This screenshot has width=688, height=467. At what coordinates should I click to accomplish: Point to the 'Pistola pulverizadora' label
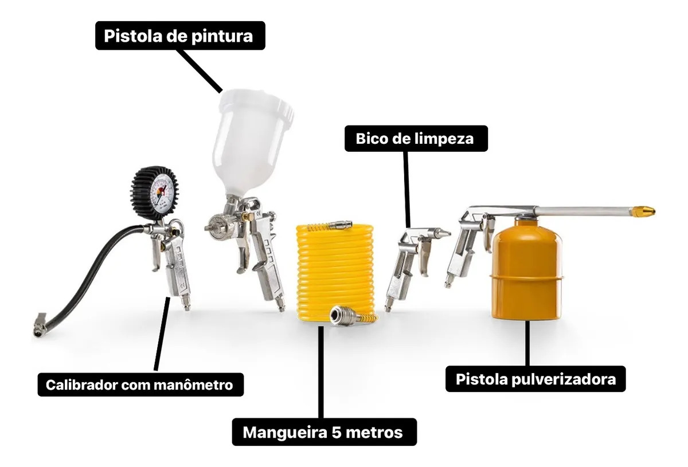tap(535, 379)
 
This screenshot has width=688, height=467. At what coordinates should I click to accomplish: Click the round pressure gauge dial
tap(155, 193)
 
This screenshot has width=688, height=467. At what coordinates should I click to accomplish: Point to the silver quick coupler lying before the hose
tap(344, 316)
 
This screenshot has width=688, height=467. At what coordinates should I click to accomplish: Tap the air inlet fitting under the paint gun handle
tap(280, 305)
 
